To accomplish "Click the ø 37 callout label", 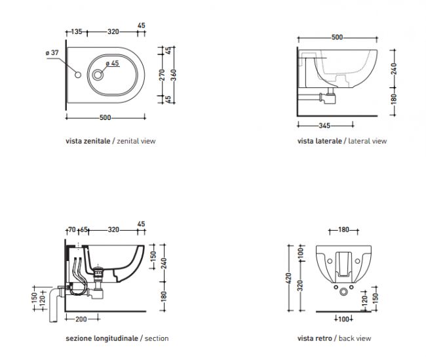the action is [52, 52].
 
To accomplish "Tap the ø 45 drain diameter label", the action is [112, 64].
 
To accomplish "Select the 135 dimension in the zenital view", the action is [77, 32].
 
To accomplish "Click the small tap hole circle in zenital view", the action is [78, 75].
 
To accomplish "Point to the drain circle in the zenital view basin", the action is [98, 75].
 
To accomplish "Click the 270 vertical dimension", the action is [162, 75].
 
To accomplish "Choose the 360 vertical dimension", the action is [173, 75].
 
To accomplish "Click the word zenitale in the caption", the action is [97, 141].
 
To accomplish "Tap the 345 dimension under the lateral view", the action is [324, 126].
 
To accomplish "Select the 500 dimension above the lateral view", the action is [337, 37].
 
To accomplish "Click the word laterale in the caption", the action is [329, 141].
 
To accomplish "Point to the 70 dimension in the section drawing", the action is [72, 230].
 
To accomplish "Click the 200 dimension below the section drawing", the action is [81, 319].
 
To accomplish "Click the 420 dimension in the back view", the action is [288, 278].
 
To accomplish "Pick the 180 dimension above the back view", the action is [343, 230].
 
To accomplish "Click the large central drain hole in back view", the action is [343, 292].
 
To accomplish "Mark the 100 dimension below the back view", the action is [343, 319].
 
